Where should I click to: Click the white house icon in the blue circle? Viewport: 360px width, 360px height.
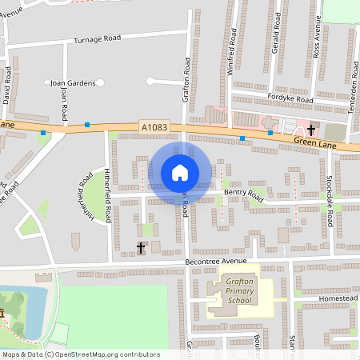click(x=180, y=173)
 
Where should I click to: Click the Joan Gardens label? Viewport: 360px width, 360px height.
click(x=73, y=82)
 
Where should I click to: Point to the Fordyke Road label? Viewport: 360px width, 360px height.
click(x=290, y=99)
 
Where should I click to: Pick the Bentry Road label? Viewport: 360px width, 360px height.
click(x=243, y=194)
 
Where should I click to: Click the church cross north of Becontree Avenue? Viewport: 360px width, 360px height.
click(x=141, y=248)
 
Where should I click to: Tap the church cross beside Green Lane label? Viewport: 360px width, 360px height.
click(x=311, y=130)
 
